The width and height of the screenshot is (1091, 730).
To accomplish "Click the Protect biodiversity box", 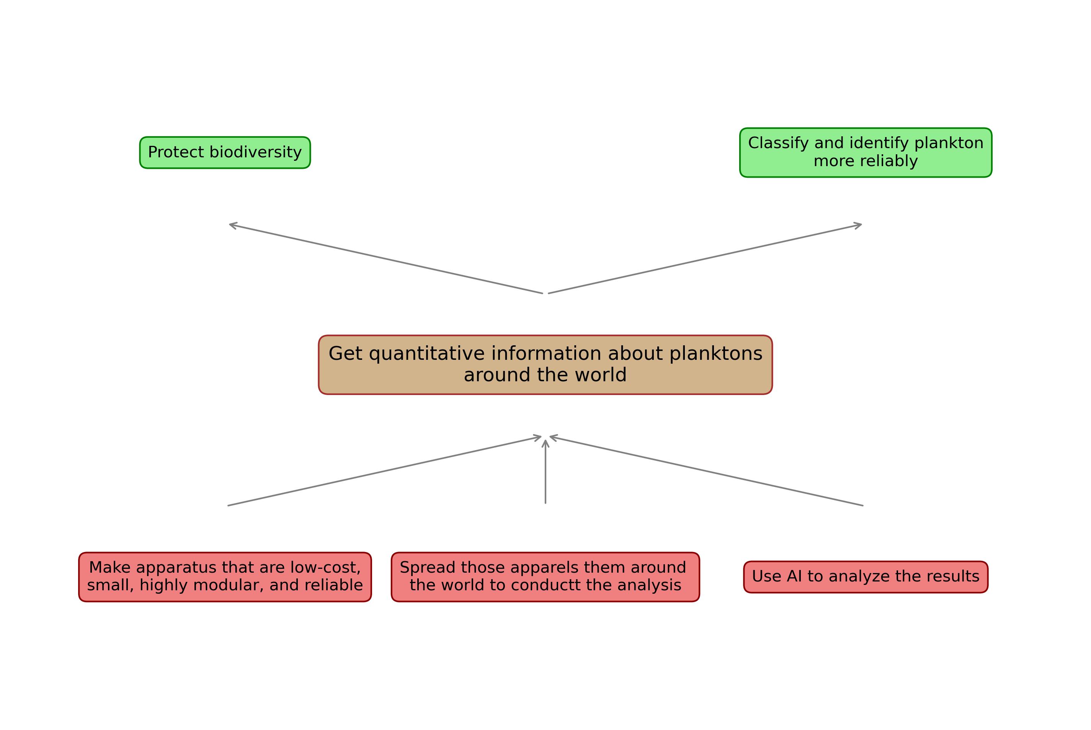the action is click(225, 152).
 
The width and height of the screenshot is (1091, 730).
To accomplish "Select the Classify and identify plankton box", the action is click(866, 152).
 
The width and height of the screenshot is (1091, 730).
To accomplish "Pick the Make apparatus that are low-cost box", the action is click(225, 577).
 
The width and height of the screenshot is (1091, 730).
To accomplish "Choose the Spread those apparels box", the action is click(545, 577).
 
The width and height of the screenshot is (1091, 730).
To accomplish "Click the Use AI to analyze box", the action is click(866, 577).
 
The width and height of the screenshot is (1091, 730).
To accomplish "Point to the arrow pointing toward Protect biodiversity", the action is click(386, 258).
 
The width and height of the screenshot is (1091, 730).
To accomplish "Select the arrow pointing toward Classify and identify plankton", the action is click(705, 258).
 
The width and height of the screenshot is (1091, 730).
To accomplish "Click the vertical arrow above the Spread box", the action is click(545, 472).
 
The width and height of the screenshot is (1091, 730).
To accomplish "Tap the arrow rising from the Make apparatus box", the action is click(384, 471).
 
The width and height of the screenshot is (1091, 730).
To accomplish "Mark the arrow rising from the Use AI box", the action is click(707, 471).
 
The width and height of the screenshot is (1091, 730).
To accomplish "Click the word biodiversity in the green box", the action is click(256, 152).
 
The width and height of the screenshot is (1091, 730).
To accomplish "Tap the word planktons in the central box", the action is click(716, 354).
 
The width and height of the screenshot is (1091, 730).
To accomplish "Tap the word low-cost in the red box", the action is click(325, 568).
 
